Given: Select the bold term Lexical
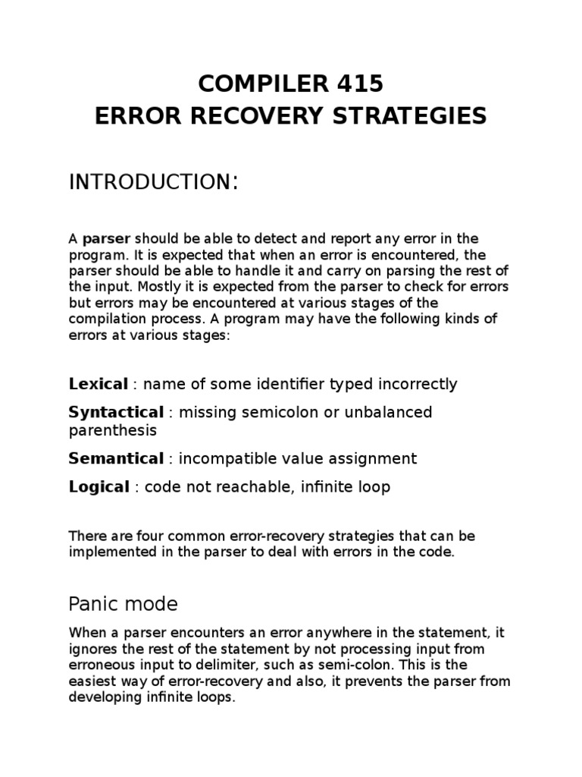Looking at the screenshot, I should tap(95, 384).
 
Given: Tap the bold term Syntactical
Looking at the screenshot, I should tap(116, 413).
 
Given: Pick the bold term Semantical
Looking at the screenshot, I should tap(116, 458).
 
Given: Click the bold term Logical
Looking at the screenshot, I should tap(99, 487).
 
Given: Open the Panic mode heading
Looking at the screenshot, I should tap(123, 605).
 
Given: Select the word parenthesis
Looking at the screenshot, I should tap(112, 430).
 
